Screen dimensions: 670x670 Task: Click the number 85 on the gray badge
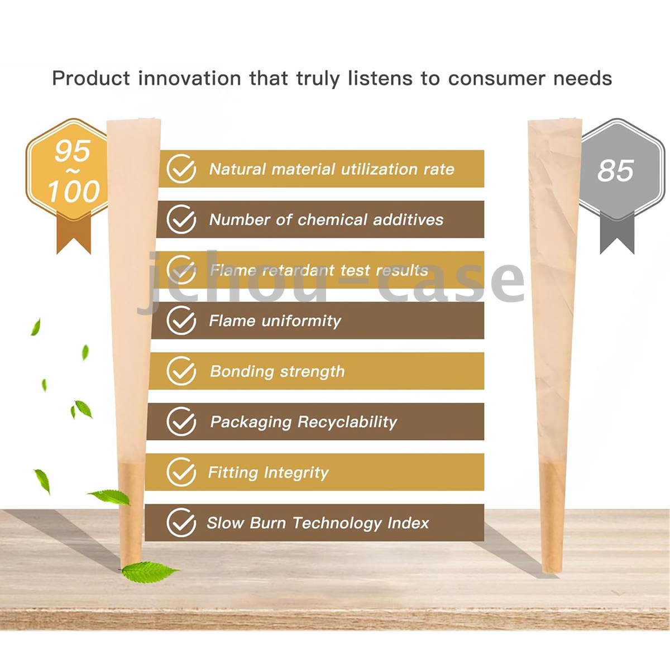pos(615,171)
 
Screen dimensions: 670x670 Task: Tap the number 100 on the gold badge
pos(74,192)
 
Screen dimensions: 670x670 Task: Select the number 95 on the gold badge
pos(73,151)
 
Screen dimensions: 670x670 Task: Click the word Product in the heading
pos(91,78)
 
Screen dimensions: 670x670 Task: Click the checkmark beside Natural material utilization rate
pos(181,169)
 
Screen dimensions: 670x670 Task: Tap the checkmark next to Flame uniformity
pos(181,320)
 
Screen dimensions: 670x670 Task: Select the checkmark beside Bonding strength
pos(181,371)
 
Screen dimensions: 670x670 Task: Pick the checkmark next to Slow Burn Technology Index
pos(181,523)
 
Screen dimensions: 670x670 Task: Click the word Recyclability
pos(347,423)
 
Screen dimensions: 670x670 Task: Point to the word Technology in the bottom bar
pos(337,524)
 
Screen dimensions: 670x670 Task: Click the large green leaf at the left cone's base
pos(150,572)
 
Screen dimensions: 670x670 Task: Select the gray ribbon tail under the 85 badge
pos(617,232)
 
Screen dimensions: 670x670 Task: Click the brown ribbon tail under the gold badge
pos(74,232)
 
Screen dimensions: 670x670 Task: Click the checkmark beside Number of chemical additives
pos(181,219)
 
